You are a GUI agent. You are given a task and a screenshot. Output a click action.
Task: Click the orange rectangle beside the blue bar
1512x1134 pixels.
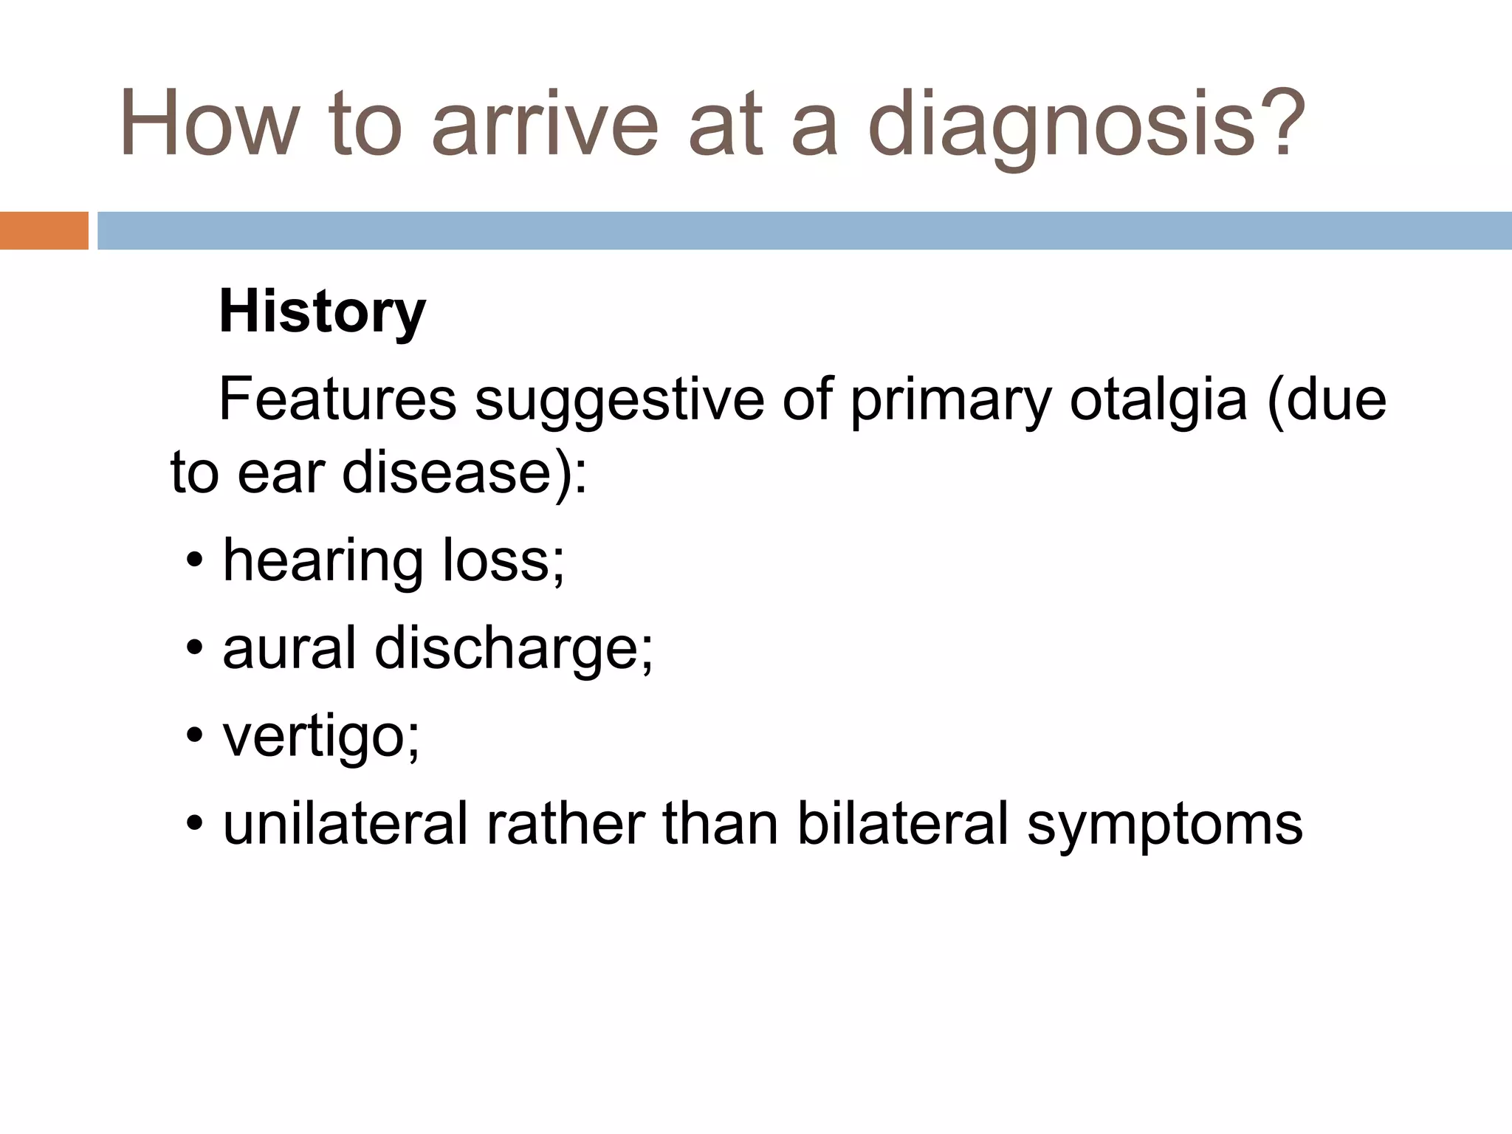[x=44, y=230]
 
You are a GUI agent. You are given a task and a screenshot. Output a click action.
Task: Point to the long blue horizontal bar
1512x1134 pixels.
[x=805, y=230]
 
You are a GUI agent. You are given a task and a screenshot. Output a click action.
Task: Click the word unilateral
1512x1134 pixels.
[x=346, y=824]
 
